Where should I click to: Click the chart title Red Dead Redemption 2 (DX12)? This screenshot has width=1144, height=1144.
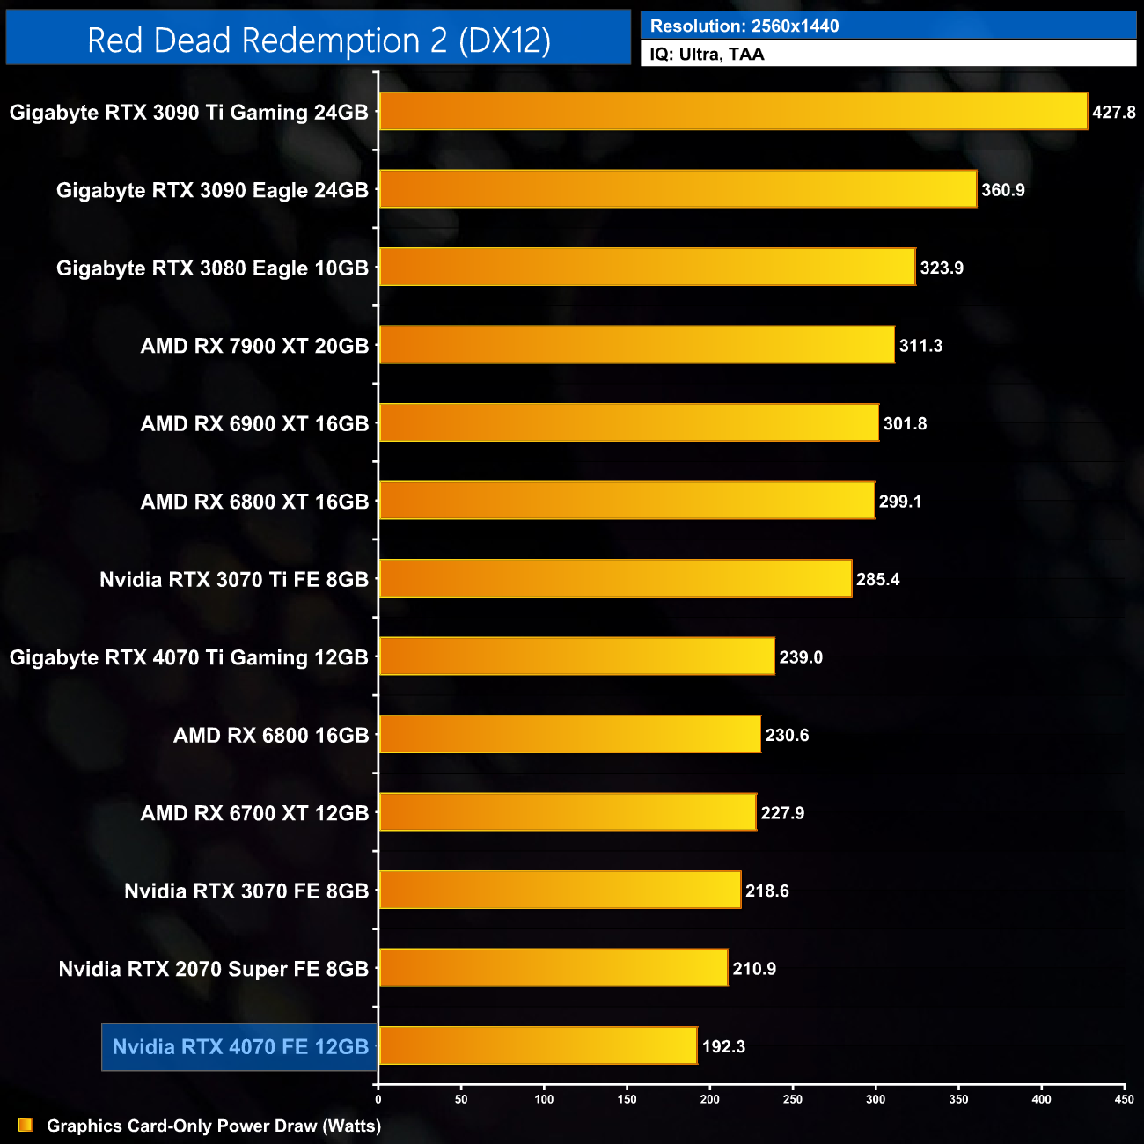click(319, 40)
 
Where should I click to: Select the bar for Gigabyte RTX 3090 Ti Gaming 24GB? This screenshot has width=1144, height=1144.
click(733, 112)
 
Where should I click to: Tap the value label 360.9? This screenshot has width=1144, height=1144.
click(1003, 190)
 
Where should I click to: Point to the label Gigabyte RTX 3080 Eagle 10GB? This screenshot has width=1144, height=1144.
click(212, 268)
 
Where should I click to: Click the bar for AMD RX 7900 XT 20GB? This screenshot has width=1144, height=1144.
click(636, 345)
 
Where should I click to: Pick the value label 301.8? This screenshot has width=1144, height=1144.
click(905, 423)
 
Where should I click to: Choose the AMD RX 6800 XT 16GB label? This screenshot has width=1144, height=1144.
click(254, 502)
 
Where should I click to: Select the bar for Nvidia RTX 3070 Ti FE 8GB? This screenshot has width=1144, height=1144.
click(615, 578)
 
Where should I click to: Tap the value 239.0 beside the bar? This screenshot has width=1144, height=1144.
click(801, 657)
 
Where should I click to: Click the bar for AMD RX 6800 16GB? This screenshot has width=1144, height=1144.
click(569, 734)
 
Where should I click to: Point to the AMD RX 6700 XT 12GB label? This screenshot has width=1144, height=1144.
click(254, 813)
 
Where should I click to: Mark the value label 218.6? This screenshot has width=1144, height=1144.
click(766, 891)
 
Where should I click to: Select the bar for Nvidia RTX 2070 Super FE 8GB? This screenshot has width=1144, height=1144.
click(553, 968)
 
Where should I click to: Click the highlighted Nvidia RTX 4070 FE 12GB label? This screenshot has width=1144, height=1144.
click(240, 1047)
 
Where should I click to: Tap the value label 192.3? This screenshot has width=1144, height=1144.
click(723, 1046)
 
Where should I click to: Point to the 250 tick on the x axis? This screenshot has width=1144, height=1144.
click(793, 1099)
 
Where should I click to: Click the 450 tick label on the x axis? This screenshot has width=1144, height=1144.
click(1124, 1099)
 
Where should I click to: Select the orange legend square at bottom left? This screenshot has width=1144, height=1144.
click(26, 1125)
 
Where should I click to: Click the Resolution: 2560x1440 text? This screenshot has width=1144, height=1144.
click(744, 26)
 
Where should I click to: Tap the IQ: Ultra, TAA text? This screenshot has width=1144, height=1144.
click(707, 55)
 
